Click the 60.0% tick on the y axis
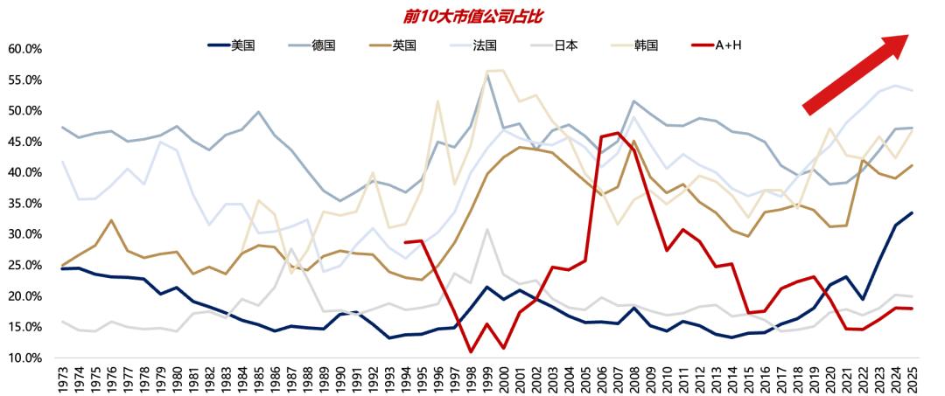(24, 49)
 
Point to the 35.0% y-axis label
(24, 204)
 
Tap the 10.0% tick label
(24, 358)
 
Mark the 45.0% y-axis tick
(24, 142)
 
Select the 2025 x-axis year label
(913, 379)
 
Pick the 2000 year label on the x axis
(504, 379)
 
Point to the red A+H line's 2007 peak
(618, 133)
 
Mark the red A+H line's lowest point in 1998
(471, 351)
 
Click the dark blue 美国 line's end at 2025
(913, 212)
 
